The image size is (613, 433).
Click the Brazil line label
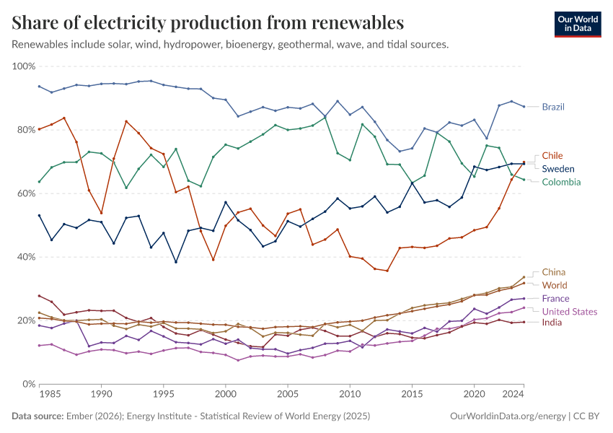point(553,107)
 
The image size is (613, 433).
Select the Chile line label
point(552,156)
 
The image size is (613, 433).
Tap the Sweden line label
point(557,169)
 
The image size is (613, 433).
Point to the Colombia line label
point(562,182)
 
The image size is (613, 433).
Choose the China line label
point(553,272)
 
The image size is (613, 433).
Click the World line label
point(555,285)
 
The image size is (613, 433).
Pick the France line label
point(555,298)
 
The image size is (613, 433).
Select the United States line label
point(570,311)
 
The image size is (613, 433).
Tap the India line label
point(552,323)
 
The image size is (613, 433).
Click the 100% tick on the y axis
point(24,66)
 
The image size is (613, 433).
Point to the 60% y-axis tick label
point(26,193)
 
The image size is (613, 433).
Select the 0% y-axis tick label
point(29,384)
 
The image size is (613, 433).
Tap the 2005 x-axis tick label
point(288,395)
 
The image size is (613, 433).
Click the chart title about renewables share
point(208,22)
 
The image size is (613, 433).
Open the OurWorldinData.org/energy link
point(508,416)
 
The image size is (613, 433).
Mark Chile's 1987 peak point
point(64,118)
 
